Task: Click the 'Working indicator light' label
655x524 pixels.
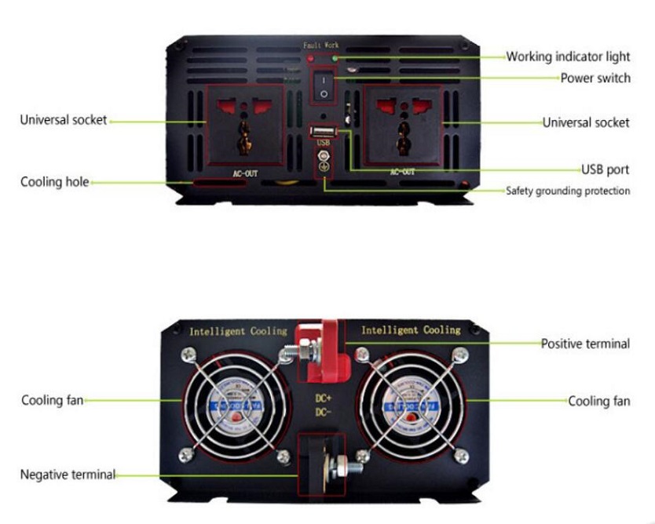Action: pos(567,56)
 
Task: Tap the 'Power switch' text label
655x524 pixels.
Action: pos(595,78)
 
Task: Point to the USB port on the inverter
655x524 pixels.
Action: pos(323,132)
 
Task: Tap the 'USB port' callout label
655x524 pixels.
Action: pos(605,169)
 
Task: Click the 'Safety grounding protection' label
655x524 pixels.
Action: pos(567,191)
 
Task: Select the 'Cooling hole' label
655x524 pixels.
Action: pos(54,182)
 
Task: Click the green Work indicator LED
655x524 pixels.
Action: pos(335,58)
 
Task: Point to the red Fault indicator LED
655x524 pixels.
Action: pos(311,59)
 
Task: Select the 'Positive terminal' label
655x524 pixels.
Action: pos(584,344)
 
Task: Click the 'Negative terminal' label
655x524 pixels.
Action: pos(68,475)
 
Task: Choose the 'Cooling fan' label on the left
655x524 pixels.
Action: pos(52,400)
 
